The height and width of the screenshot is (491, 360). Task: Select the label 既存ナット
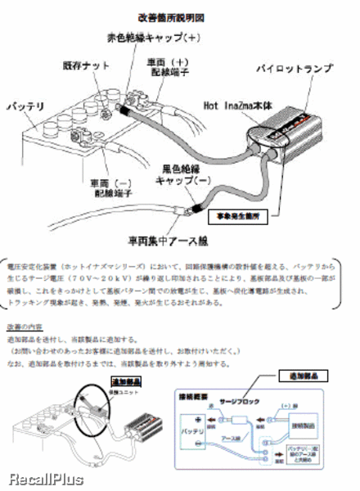(85, 65)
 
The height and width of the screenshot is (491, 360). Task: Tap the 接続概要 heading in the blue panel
(193, 395)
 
